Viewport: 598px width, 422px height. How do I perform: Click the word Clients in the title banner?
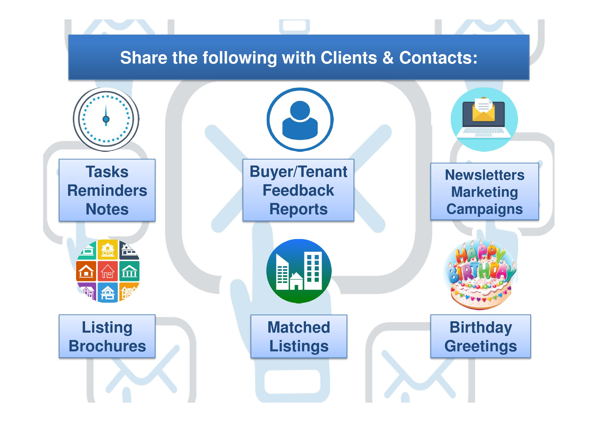[349, 58]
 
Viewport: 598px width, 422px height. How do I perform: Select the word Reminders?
[107, 191]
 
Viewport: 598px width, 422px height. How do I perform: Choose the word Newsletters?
[484, 175]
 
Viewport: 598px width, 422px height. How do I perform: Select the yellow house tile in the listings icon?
[108, 250]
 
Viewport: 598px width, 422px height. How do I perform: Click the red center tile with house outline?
[108, 271]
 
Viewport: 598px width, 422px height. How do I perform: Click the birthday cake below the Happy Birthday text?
[481, 294]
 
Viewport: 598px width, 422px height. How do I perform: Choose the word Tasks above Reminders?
[107, 172]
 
